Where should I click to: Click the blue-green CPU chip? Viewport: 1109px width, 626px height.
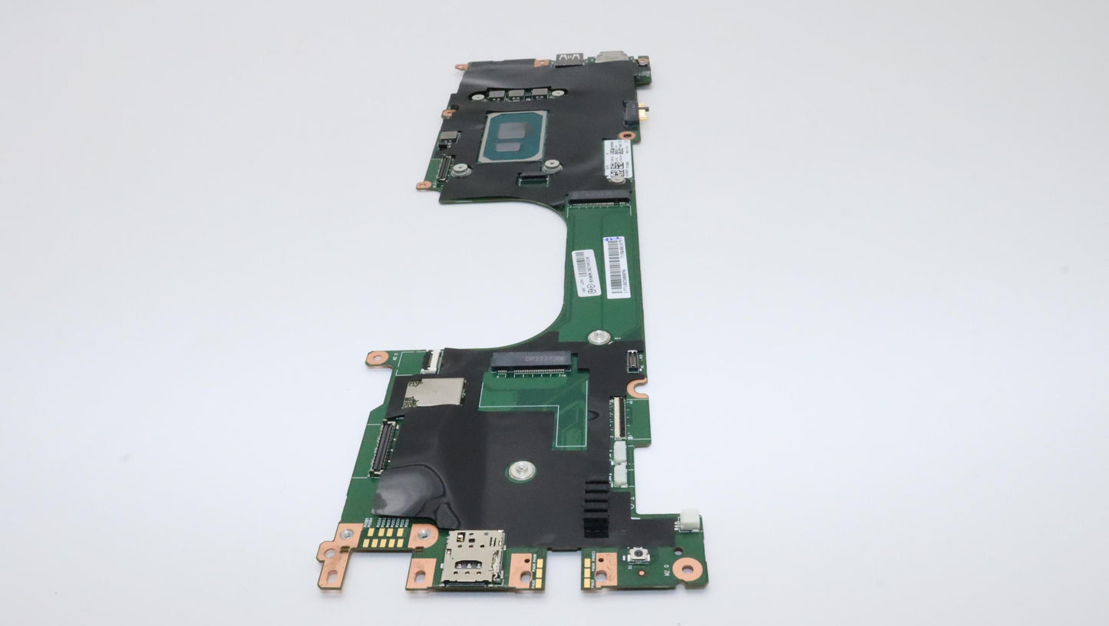pos(513,136)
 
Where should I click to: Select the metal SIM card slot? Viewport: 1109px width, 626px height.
pos(472,557)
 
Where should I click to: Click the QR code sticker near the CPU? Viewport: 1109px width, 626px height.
pos(618,160)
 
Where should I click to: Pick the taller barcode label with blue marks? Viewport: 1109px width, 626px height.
pos(616,266)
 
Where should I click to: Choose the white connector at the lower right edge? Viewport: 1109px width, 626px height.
pos(688,520)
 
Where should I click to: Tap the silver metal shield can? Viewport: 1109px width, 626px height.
pos(434,393)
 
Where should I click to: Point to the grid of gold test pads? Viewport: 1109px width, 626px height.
pos(384,536)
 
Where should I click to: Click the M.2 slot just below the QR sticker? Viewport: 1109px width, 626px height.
pos(598,199)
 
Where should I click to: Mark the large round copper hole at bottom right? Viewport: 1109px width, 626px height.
pos(688,568)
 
